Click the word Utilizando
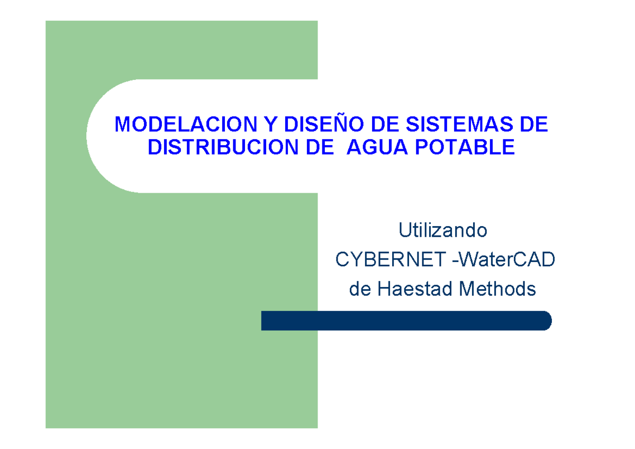pyautogui.click(x=443, y=231)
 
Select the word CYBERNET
pyautogui.click(x=391, y=260)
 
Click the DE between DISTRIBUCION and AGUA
pyautogui.click(x=307, y=147)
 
